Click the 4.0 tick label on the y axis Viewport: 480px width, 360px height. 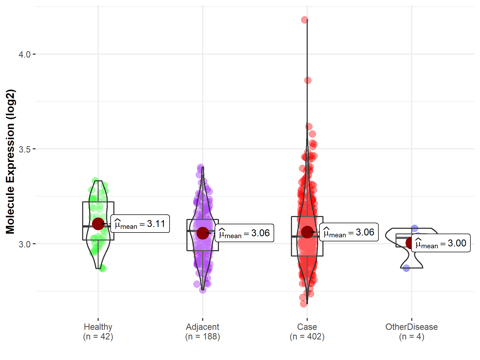pyautogui.click(x=25, y=55)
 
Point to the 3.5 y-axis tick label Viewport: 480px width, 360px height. pyautogui.click(x=25, y=149)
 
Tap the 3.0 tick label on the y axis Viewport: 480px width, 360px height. pyautogui.click(x=25, y=244)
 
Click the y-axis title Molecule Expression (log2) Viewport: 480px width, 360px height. pyautogui.click(x=10, y=162)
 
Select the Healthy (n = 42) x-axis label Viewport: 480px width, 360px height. pyautogui.click(x=98, y=332)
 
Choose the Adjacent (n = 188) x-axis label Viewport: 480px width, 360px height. pyautogui.click(x=203, y=332)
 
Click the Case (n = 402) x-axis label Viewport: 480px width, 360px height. pyautogui.click(x=307, y=332)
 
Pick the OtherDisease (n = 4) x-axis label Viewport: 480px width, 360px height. pyautogui.click(x=411, y=332)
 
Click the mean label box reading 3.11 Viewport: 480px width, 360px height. pyautogui.click(x=140, y=224)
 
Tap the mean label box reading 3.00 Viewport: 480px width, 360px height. pyautogui.click(x=441, y=243)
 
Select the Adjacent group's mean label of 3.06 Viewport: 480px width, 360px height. pyautogui.click(x=244, y=233)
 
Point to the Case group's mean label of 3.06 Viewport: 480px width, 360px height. pyautogui.click(x=349, y=232)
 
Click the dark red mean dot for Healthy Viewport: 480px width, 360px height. pyautogui.click(x=98, y=224)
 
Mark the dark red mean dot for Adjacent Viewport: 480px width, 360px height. pyautogui.click(x=203, y=233)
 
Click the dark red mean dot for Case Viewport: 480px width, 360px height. pyautogui.click(x=307, y=232)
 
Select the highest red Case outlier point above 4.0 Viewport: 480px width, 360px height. pyautogui.click(x=305, y=20)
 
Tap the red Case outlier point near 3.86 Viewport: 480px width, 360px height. pyautogui.click(x=308, y=80)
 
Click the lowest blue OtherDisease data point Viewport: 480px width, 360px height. pyautogui.click(x=406, y=268)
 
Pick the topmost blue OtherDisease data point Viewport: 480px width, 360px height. pyautogui.click(x=414, y=228)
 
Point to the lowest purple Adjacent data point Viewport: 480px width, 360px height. pyautogui.click(x=203, y=290)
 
